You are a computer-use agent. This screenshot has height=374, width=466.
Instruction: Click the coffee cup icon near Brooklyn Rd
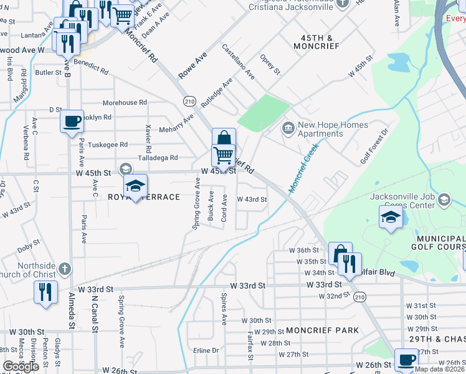[72, 120]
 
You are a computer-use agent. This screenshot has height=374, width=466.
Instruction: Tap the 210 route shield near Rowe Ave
[190, 100]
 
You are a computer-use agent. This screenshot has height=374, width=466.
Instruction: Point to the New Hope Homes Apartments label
[320, 129]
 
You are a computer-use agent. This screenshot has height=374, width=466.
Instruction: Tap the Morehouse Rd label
[125, 102]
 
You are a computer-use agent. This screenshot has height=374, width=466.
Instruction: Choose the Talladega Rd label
[157, 158]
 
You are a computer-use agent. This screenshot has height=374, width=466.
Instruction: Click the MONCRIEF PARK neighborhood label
[322, 330]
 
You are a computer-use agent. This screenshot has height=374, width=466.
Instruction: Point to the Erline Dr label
[206, 350]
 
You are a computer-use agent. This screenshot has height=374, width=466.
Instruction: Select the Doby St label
[29, 248]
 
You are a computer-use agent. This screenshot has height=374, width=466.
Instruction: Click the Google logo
[21, 367]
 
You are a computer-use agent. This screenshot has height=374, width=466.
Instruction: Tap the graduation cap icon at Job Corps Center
[390, 218]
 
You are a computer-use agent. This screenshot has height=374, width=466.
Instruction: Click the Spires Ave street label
[223, 310]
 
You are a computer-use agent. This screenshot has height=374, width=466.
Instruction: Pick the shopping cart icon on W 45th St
[224, 155]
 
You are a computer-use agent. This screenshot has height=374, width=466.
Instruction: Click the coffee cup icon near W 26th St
[407, 360]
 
